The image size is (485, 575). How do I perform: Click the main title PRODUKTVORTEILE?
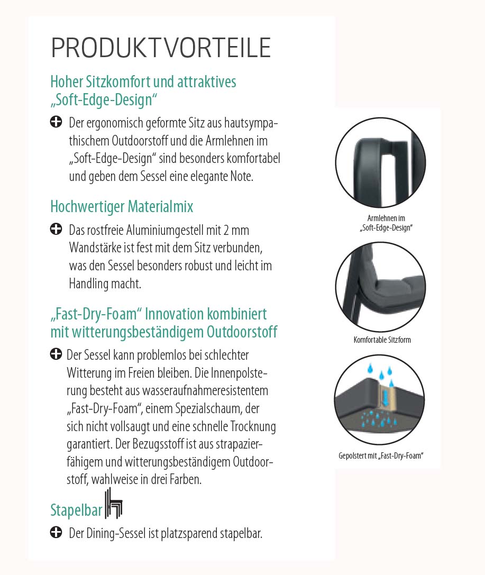pos(161,48)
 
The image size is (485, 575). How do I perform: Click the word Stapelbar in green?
pos(76,510)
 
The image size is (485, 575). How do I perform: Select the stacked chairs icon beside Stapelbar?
pos(114,504)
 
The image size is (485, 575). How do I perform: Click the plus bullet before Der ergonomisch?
pos(56,123)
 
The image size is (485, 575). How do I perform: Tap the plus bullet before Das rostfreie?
pos(56,230)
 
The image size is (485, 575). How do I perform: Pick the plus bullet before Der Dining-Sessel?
pos(56,532)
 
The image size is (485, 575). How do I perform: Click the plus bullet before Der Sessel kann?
pos(56,354)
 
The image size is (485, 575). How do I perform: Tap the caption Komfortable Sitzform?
pos(382,340)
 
